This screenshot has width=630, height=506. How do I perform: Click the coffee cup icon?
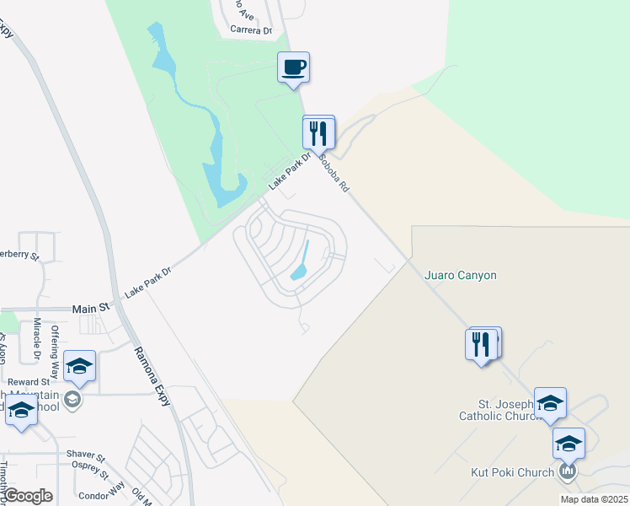click(x=293, y=67)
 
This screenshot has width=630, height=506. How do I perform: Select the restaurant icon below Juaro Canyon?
click(x=481, y=345)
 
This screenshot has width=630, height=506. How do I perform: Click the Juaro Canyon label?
click(x=461, y=275)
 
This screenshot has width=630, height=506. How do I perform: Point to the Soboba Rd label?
click(x=334, y=172)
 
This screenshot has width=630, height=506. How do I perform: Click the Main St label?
click(x=92, y=309)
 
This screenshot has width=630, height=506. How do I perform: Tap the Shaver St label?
click(x=85, y=455)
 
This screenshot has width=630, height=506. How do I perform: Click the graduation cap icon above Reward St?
click(x=79, y=366)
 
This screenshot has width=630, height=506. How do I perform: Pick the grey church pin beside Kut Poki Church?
click(x=569, y=471)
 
